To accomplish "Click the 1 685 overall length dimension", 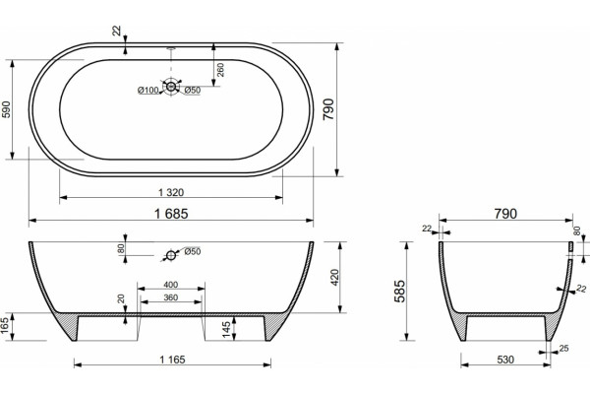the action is [x=171, y=214].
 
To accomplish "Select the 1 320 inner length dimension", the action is [x=171, y=192].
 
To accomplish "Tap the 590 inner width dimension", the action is [x=7, y=109].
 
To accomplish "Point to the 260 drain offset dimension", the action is [x=220, y=70].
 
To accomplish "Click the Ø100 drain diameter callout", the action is [x=148, y=90].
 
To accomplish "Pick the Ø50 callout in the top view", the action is [x=193, y=90].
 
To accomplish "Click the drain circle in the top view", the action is [x=171, y=87].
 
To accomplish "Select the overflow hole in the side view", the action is [x=171, y=255].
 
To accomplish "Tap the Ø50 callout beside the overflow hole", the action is [x=193, y=251].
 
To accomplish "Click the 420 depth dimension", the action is [x=334, y=277].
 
